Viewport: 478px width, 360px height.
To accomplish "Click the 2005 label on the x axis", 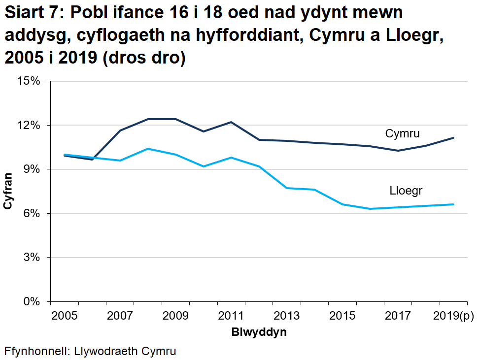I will [x=65, y=315].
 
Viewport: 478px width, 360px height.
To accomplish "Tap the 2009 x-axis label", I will [x=176, y=315].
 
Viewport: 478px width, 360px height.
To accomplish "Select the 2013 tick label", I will [x=287, y=315].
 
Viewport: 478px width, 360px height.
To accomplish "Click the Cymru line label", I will [x=402, y=133].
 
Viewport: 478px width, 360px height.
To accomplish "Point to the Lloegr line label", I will [x=406, y=191].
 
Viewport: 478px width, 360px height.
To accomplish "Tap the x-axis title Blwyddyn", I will [x=259, y=332].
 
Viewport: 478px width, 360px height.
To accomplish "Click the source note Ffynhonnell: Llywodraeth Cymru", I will [x=90, y=352].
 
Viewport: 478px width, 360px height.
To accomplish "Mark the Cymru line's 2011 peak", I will [x=231, y=122].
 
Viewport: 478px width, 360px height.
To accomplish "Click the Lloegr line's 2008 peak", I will [x=148, y=149].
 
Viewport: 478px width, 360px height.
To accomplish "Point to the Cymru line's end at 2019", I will [x=453, y=138].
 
